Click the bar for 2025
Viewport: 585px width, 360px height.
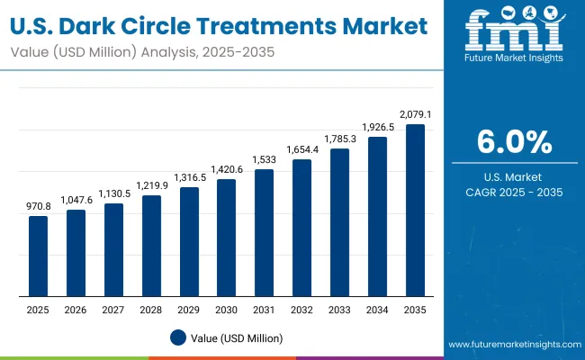pos(38,256)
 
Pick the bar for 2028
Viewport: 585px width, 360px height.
pos(151,246)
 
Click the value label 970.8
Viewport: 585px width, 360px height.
pos(38,206)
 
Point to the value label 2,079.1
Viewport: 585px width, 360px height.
pos(415,114)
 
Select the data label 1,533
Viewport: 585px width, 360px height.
pos(265,159)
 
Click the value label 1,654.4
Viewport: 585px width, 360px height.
pos(302,149)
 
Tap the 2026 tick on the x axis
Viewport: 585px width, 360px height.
pos(76,310)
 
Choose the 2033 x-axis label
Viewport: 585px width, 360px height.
pos(340,310)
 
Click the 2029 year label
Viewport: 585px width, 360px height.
pos(189,310)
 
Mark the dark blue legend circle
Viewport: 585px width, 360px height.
pos(178,337)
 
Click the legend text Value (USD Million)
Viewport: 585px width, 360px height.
pos(236,337)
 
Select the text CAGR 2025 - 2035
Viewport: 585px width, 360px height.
pos(513,192)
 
